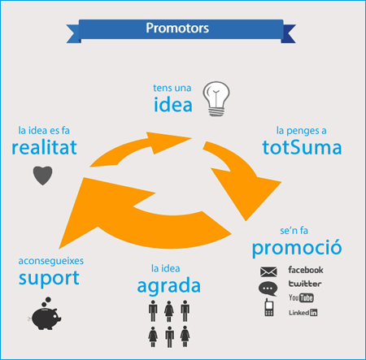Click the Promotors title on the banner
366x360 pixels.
click(x=177, y=28)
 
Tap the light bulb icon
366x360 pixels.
click(x=216, y=99)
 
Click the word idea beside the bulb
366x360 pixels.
click(x=173, y=104)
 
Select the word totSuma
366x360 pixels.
click(x=302, y=147)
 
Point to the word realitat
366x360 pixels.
click(x=44, y=147)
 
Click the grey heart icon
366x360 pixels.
click(x=42, y=176)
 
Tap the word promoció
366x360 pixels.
click(x=297, y=248)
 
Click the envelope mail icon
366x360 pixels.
click(x=268, y=271)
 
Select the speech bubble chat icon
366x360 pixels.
click(x=268, y=288)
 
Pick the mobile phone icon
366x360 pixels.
click(x=268, y=307)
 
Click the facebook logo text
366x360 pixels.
click(x=306, y=270)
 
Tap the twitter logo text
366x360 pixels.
click(x=305, y=284)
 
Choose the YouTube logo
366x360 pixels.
click(x=301, y=297)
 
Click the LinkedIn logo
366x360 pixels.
click(x=303, y=313)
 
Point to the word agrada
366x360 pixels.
click(x=169, y=286)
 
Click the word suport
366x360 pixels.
click(x=49, y=278)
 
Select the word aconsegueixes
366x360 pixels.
click(x=51, y=261)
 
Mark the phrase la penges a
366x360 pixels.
click(x=301, y=131)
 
